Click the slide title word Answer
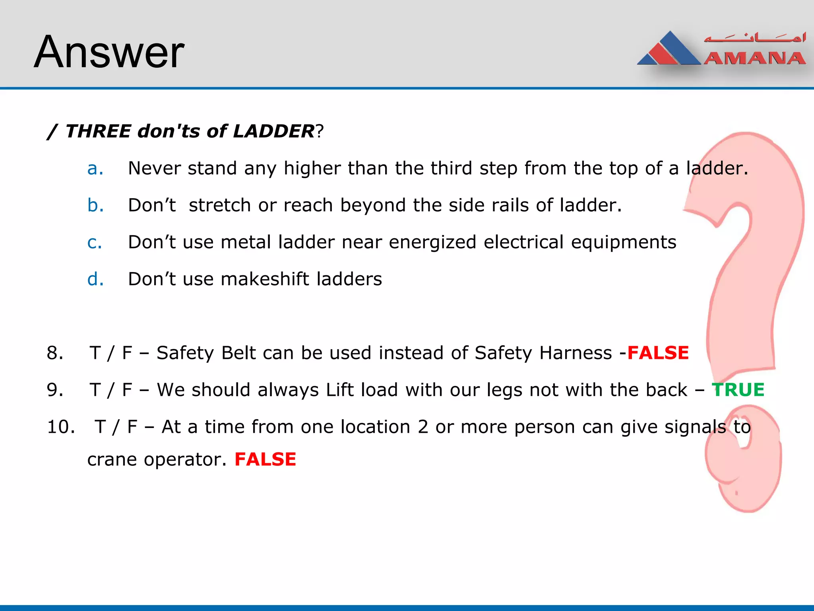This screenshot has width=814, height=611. point(109,52)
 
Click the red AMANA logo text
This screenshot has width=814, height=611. point(755,58)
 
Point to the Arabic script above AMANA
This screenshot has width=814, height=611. point(754,38)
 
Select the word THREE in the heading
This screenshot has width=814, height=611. point(98,131)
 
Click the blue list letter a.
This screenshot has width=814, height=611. point(95,169)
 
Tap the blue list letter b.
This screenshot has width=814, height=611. point(95,205)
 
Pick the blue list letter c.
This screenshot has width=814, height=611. point(95,243)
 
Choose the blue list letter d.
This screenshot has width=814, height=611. point(95,279)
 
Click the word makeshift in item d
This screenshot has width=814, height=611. point(265,279)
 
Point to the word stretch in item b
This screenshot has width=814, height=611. point(219,205)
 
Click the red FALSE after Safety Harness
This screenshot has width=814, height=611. point(658,353)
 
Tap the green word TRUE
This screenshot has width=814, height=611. point(738,390)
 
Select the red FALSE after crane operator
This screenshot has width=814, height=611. point(265,459)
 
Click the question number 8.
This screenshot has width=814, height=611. point(54,353)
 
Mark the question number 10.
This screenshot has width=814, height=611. point(60,427)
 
